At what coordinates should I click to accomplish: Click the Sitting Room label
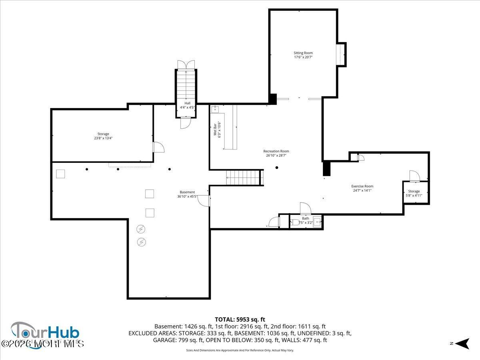tap(303, 55)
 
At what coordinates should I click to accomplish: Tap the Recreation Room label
tap(276, 153)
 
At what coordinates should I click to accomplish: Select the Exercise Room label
tap(362, 188)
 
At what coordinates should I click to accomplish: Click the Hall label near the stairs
tap(187, 105)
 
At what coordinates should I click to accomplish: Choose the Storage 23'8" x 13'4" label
tap(103, 136)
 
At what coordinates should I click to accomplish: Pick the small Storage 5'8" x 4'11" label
tap(414, 193)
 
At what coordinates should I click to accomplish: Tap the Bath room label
tap(306, 220)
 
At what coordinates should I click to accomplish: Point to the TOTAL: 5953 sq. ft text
tap(240, 319)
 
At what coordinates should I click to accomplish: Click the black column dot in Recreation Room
tap(277, 168)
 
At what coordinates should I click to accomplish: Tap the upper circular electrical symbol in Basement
tap(141, 229)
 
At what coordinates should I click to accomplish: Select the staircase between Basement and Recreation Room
tap(244, 177)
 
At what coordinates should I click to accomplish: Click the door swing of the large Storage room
tap(158, 147)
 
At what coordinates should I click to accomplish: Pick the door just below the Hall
tap(186, 123)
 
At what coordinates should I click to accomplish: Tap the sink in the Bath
tap(317, 221)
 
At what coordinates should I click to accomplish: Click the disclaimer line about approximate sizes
tap(240, 350)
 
